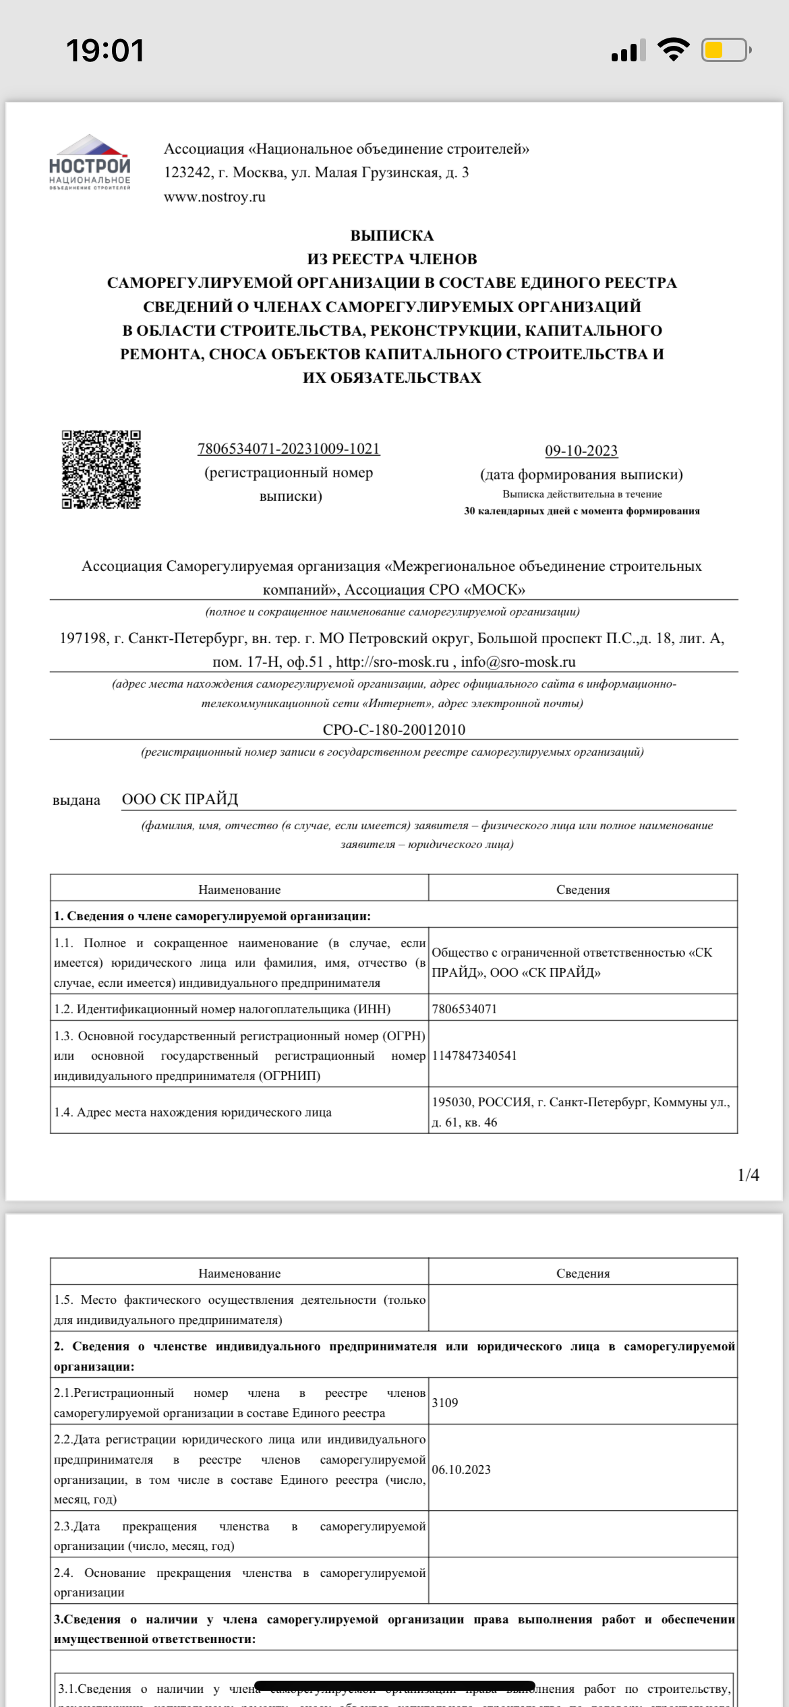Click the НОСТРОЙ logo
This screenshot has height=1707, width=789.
(90, 162)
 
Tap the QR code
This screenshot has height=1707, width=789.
(101, 469)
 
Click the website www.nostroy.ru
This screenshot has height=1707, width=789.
(214, 197)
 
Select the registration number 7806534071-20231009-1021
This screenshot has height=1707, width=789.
(289, 448)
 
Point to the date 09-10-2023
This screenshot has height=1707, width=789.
(581, 450)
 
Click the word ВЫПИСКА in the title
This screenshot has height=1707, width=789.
(392, 235)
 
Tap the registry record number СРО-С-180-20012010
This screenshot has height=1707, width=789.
(394, 729)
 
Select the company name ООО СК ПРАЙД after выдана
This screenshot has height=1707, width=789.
(180, 799)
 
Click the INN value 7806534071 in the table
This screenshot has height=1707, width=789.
(465, 1009)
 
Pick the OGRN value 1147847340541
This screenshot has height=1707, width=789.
(474, 1055)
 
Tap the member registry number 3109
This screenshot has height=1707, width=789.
(445, 1402)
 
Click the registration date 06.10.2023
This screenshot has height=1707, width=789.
(461, 1469)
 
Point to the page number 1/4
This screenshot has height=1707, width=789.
(748, 1175)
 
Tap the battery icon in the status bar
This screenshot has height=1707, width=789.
(726, 51)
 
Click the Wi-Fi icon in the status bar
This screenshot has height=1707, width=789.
(673, 50)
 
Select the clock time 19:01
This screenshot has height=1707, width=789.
(105, 51)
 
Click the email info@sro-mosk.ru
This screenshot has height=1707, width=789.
(518, 661)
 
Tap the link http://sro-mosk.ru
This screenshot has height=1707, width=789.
(392, 661)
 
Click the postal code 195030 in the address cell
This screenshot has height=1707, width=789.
(452, 1102)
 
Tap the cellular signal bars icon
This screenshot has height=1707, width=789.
(628, 51)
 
